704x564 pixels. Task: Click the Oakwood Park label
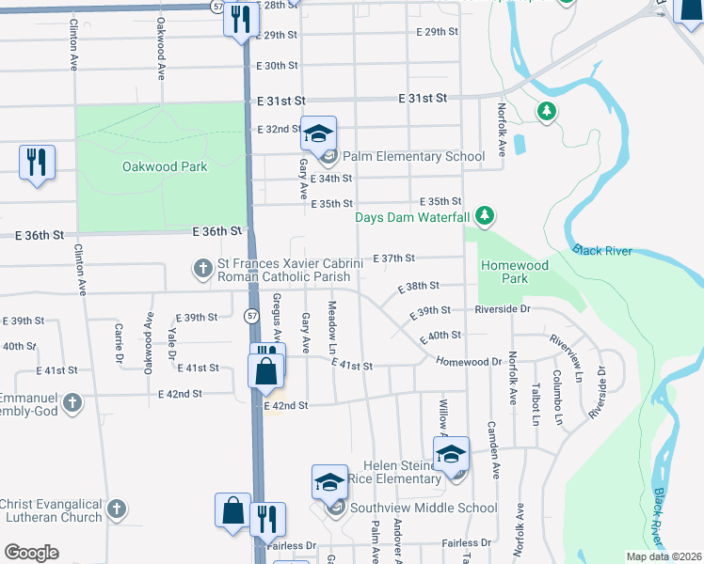tap(165, 166)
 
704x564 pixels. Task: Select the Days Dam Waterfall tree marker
tap(485, 216)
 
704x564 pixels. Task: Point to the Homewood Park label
tap(514, 272)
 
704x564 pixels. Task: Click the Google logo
tap(31, 552)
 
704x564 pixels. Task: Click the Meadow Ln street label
tap(331, 321)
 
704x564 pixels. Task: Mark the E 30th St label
tap(277, 66)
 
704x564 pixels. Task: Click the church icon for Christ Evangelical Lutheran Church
tap(115, 509)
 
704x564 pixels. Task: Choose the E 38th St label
tap(419, 289)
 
